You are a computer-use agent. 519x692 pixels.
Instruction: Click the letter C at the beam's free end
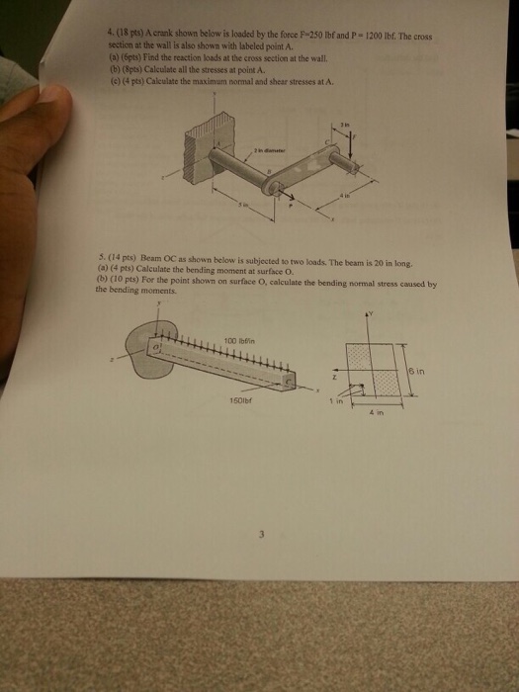click(290, 381)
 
